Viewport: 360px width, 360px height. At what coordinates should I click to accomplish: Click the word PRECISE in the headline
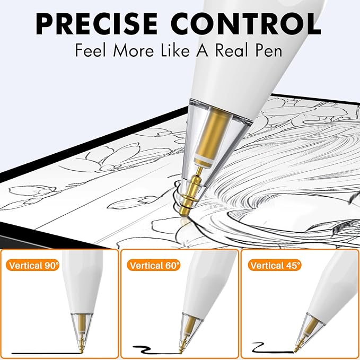pyautogui.click(x=96, y=24)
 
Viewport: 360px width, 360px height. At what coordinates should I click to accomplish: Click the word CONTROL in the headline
pyautogui.click(x=245, y=24)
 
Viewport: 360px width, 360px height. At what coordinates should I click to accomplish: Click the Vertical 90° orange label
pyautogui.click(x=32, y=266)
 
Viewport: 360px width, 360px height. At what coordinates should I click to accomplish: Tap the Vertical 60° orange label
pyautogui.click(x=153, y=266)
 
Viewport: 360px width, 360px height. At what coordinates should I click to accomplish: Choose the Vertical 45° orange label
pyautogui.click(x=275, y=266)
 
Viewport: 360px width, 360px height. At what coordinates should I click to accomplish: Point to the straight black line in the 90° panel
pyautogui.click(x=46, y=353)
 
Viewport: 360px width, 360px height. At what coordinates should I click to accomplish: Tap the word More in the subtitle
pyautogui.click(x=133, y=50)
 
